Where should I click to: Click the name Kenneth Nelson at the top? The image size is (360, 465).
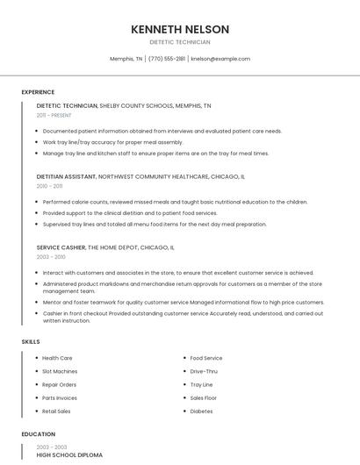click(180, 29)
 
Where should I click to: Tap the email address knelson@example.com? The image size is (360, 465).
click(220, 59)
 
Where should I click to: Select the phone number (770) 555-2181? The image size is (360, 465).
click(167, 59)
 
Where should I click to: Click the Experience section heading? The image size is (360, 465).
click(38, 92)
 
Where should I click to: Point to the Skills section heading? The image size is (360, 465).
click(31, 340)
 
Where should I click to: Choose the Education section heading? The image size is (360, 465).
click(38, 434)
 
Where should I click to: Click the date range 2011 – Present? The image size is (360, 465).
click(54, 115)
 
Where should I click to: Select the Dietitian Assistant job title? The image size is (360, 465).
click(66, 176)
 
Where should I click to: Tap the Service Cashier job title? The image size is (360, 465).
click(61, 247)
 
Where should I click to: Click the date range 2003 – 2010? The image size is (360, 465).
click(51, 257)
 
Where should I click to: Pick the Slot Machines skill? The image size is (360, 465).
click(60, 371)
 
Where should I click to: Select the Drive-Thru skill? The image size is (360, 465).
click(204, 371)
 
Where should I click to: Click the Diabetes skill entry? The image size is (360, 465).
click(201, 411)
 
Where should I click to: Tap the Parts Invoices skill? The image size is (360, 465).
click(60, 397)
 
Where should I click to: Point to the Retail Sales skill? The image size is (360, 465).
click(56, 411)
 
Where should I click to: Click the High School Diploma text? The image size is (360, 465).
click(69, 455)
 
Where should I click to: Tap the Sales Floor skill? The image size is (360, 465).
click(204, 397)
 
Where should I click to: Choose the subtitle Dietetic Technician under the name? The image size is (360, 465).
click(180, 42)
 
